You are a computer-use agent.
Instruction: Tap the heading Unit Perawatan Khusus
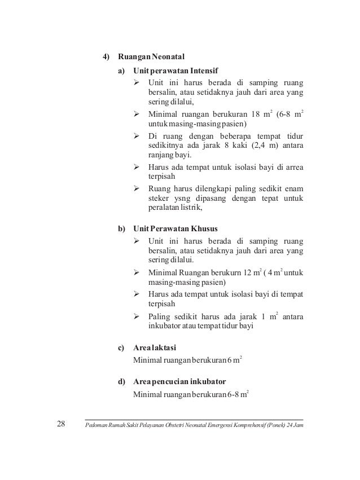pos(175,230)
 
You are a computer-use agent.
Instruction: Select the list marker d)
pos(121,382)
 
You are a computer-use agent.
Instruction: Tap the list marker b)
pos(121,230)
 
